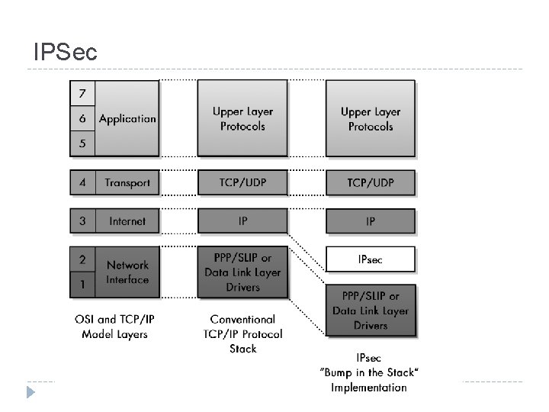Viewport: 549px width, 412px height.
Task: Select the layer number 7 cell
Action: [x=82, y=94]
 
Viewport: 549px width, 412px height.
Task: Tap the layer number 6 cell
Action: [x=82, y=119]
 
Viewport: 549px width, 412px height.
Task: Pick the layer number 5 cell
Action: [x=82, y=143]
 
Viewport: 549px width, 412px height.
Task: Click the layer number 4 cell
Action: [x=82, y=183]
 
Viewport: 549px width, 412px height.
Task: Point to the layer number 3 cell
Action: [x=82, y=221]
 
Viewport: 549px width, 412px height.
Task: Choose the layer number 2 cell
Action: [x=82, y=259]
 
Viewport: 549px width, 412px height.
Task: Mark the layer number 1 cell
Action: [x=82, y=285]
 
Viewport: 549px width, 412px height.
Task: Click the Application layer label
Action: [x=127, y=119]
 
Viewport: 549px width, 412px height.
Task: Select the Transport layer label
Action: [x=127, y=183]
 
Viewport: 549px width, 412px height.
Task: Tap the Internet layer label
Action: [x=127, y=221]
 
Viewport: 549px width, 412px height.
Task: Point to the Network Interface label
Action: [x=127, y=272]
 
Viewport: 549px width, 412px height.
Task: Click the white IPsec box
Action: [x=371, y=259]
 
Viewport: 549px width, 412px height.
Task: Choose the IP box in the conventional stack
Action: [x=242, y=221]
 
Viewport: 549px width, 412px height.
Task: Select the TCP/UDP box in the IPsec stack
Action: [x=371, y=183]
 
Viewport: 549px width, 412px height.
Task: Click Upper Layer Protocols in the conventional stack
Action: [x=242, y=119]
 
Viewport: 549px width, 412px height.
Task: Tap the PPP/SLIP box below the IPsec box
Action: [x=371, y=311]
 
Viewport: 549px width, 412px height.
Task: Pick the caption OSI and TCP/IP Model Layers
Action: [x=115, y=327]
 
